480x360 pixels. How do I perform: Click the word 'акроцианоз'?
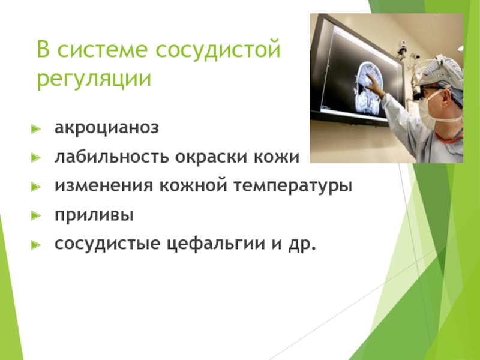click(107, 128)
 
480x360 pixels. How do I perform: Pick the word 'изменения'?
click(103, 186)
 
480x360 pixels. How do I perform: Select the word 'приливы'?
click(94, 215)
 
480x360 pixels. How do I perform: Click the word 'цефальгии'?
click(216, 245)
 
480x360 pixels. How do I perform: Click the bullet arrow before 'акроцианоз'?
click(36, 129)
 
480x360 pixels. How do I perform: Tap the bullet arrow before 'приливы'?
click(36, 216)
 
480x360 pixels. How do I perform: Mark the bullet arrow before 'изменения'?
click(36, 187)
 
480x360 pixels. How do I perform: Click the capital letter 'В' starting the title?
click(43, 49)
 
